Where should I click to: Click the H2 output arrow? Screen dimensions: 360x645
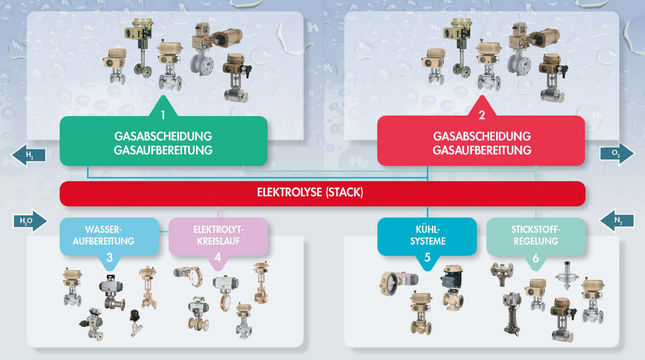pyautogui.click(x=28, y=155)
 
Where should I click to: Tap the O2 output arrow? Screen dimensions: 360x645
pyautogui.click(x=617, y=153)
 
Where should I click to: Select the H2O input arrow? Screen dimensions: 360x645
pyautogui.click(x=31, y=221)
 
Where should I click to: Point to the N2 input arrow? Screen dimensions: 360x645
pyautogui.click(x=616, y=221)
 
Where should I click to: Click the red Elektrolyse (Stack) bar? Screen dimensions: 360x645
pyautogui.click(x=322, y=193)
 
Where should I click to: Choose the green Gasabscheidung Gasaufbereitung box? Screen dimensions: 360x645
pyautogui.click(x=163, y=143)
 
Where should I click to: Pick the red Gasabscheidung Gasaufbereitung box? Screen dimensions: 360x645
pyautogui.click(x=481, y=143)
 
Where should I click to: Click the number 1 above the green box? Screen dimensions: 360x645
pyautogui.click(x=163, y=115)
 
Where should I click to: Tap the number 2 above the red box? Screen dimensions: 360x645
pyautogui.click(x=482, y=115)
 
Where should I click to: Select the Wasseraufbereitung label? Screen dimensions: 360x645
pyautogui.click(x=110, y=235)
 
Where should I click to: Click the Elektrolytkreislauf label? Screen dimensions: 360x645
pyautogui.click(x=218, y=235)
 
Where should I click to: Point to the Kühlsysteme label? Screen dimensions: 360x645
pyautogui.click(x=427, y=235)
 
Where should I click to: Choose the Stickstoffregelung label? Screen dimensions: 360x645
pyautogui.click(x=535, y=235)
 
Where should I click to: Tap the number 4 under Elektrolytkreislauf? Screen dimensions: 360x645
pyautogui.click(x=218, y=258)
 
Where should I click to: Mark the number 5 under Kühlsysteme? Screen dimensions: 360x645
pyautogui.click(x=427, y=258)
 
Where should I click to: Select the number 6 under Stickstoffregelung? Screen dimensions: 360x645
pyautogui.click(x=535, y=258)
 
